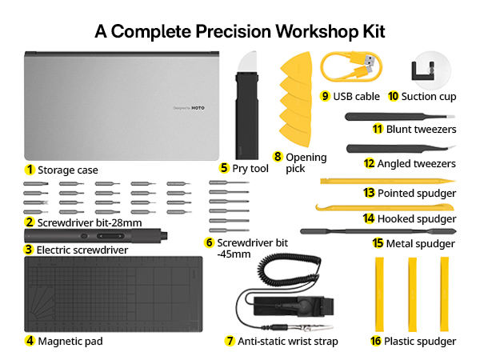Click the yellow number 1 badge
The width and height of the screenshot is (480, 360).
point(30,170)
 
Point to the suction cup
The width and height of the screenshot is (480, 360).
point(426,68)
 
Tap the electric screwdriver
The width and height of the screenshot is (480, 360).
point(96,238)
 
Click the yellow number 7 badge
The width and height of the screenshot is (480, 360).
point(230,341)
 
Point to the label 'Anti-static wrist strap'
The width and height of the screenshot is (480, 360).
point(288,341)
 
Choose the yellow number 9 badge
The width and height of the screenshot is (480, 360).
point(326,96)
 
